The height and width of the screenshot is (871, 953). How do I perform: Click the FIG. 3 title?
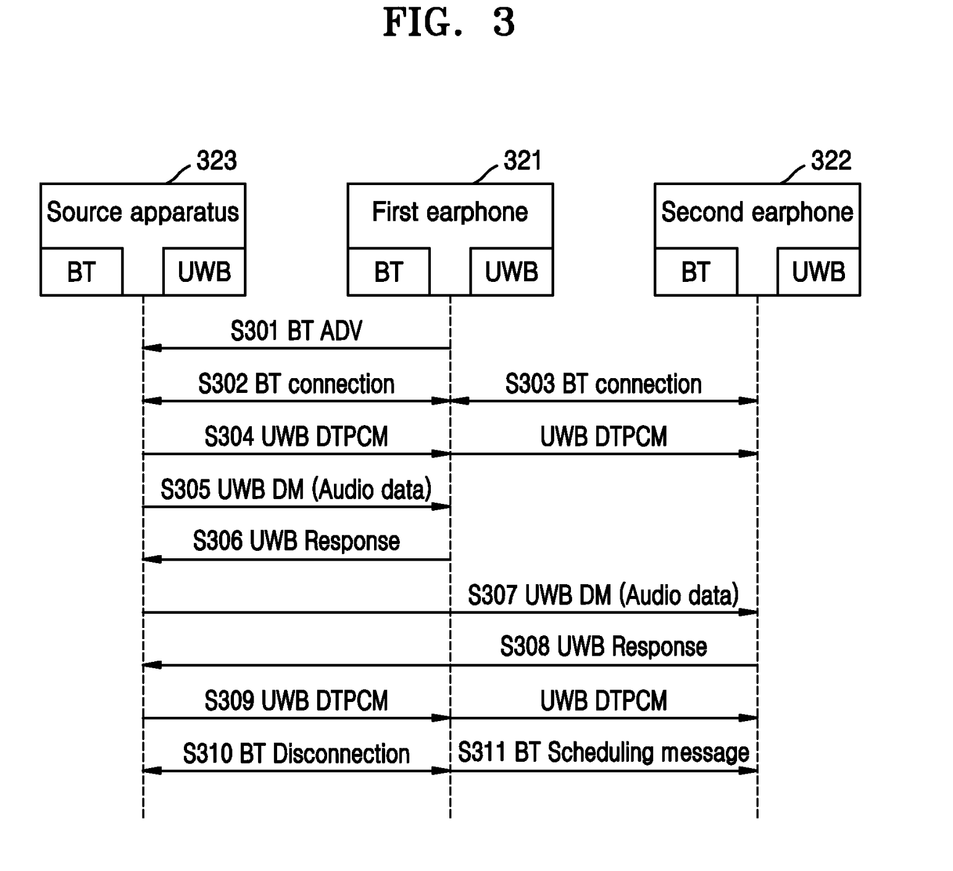(449, 23)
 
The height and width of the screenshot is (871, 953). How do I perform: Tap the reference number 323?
(216, 161)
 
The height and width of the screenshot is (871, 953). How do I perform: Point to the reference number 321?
(522, 161)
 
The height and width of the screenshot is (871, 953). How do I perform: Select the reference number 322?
(831, 161)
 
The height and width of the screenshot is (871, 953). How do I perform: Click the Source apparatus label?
(143, 212)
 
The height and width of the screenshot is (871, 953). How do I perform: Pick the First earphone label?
(450, 212)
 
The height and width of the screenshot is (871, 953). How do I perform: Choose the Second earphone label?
(757, 212)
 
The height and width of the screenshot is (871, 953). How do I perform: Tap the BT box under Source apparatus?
(81, 272)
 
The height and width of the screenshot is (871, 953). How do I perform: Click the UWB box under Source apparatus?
(204, 272)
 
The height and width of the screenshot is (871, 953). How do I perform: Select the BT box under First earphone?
(388, 272)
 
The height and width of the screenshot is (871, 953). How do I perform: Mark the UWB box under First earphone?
(511, 272)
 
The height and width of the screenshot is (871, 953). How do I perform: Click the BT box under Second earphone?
(696, 272)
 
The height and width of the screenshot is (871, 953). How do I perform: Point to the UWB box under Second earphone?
(818, 272)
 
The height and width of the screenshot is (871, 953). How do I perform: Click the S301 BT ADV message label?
(296, 331)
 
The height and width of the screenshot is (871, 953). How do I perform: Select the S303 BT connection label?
(603, 384)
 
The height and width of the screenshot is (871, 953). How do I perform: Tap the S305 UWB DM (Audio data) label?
(296, 490)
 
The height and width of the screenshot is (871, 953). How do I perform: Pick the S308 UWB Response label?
(603, 647)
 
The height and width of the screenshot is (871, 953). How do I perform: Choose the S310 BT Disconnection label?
(296, 754)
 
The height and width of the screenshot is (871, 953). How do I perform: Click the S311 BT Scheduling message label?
(603, 753)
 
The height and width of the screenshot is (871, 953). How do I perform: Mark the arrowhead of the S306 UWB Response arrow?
(151, 559)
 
